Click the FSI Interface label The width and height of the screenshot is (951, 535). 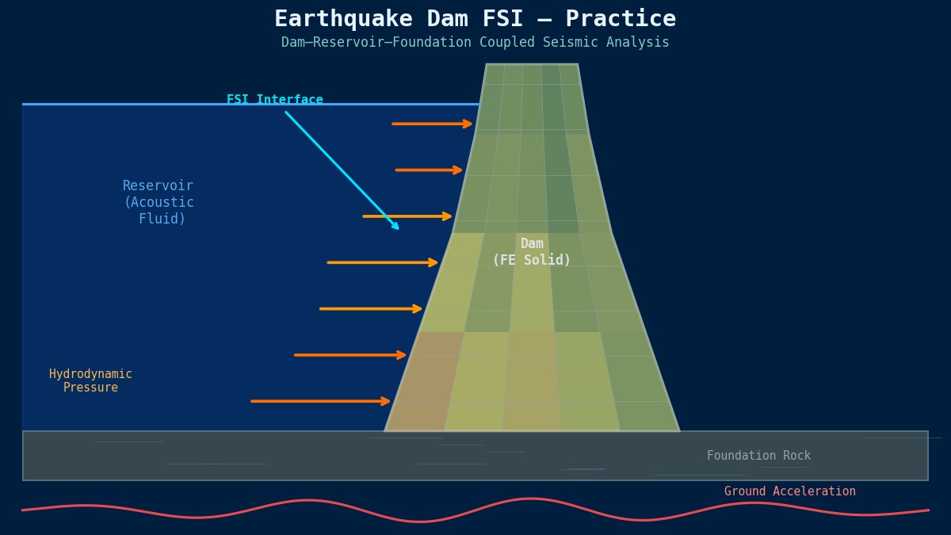pos(275,100)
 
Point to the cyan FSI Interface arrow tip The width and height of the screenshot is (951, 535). pos(398,229)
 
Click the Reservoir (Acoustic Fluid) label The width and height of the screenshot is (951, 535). pos(158,202)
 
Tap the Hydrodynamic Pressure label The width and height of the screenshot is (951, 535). pos(90,380)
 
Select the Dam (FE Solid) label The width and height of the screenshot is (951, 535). pos(532,252)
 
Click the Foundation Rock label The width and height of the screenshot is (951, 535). pos(758,456)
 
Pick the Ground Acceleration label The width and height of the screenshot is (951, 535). pos(789,491)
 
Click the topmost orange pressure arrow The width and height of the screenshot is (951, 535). pos(432,124)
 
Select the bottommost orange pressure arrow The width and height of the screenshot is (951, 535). pos(320,401)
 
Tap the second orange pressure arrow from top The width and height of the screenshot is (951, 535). pos(429,170)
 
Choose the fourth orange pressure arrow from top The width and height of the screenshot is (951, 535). pos(382,262)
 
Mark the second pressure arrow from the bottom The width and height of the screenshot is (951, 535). pos(349,355)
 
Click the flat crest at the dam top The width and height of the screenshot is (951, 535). pos(532,65)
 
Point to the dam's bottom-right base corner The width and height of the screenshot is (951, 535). pos(678,430)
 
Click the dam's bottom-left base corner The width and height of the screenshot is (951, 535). pos(386,430)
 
